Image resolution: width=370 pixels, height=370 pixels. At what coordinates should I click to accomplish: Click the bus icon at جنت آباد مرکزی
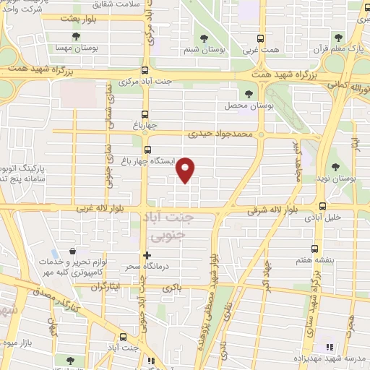pos(146,70)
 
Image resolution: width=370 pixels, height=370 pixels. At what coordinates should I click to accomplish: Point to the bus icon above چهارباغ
pos(146,114)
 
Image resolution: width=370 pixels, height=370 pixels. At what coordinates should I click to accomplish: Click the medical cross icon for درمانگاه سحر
pos(147,255)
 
